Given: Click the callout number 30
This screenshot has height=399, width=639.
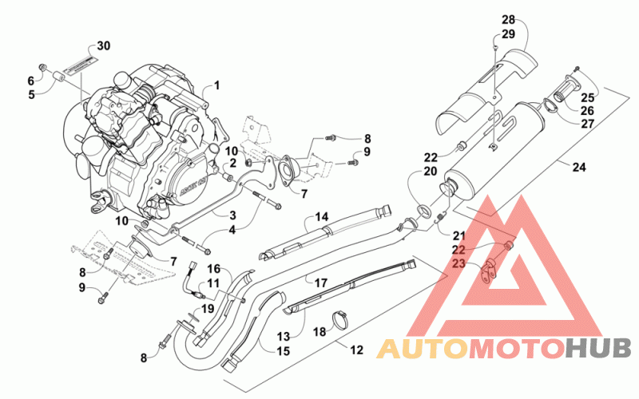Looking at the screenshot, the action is click(x=104, y=46).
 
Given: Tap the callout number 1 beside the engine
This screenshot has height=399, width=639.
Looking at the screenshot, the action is click(x=216, y=85).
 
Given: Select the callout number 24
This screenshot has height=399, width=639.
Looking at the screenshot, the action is click(x=578, y=167).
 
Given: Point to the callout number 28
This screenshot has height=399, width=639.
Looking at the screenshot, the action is click(x=508, y=19).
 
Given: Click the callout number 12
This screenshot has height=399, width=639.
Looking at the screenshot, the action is click(x=356, y=350).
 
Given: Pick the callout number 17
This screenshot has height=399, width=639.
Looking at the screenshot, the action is click(x=321, y=282).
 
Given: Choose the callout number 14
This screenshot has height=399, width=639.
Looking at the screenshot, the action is click(x=322, y=216).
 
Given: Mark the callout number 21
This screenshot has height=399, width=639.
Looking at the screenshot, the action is click(x=458, y=235).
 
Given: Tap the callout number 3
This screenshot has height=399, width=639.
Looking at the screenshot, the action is click(x=232, y=215).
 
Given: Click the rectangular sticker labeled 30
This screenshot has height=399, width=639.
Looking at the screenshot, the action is click(x=79, y=65).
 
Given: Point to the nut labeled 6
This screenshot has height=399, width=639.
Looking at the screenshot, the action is click(x=42, y=66).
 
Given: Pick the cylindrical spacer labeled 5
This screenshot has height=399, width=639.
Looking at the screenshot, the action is click(x=59, y=77).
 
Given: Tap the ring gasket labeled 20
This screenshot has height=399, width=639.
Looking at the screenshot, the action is click(x=423, y=211).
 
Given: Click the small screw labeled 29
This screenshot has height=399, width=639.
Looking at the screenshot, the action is click(x=494, y=48).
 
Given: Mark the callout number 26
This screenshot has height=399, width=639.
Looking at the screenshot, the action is click(x=587, y=110).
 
